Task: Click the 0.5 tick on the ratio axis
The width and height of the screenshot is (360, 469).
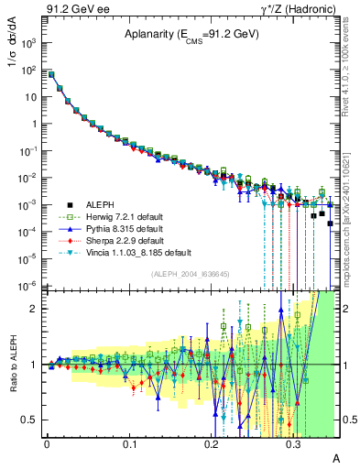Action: click(x=31, y=420)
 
